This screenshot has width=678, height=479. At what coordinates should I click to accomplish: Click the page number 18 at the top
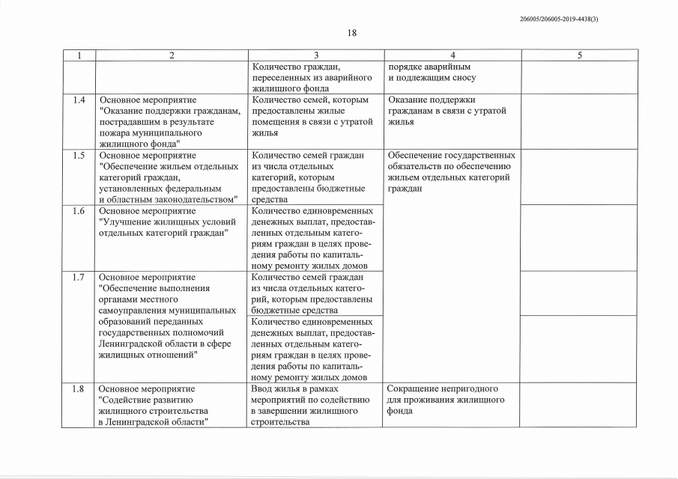(352, 33)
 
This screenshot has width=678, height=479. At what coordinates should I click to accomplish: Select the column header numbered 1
(78, 55)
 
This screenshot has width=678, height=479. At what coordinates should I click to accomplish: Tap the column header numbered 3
(315, 55)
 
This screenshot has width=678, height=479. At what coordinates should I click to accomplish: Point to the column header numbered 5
(578, 55)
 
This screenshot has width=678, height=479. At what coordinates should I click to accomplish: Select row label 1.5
(78, 156)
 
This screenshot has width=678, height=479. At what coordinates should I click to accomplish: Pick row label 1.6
(78, 211)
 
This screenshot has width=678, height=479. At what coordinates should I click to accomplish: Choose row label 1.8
(78, 389)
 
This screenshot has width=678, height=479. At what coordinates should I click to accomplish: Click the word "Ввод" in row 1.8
(264, 389)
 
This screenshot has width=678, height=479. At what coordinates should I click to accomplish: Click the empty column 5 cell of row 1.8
(578, 405)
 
